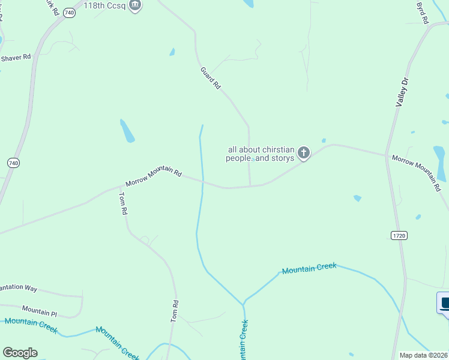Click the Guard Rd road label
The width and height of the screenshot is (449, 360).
click(x=211, y=78)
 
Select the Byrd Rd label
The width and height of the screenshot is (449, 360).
click(x=423, y=13)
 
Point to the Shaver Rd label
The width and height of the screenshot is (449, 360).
click(x=16, y=58)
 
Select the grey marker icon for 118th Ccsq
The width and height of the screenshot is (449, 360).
click(x=135, y=5)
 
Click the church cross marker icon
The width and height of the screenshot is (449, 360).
click(x=304, y=153)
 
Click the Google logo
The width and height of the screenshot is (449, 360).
click(x=20, y=353)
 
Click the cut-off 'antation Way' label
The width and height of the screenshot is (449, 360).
click(x=18, y=289)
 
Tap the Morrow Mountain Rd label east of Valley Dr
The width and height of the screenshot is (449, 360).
click(x=416, y=172)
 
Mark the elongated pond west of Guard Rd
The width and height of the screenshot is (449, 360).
click(x=127, y=131)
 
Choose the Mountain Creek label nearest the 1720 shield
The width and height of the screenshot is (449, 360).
click(x=309, y=269)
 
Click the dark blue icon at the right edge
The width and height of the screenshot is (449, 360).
click(x=444, y=302)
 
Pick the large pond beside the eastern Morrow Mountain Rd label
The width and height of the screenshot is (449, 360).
click(x=440, y=163)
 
